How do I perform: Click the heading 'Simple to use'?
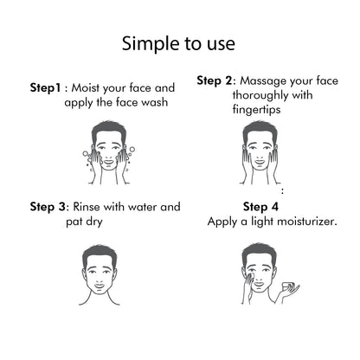click(180, 43)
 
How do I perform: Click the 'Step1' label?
click(48, 88)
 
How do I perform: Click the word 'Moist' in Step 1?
click(91, 88)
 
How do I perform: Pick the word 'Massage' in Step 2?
click(265, 80)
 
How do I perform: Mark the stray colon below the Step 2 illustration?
click(282, 190)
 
